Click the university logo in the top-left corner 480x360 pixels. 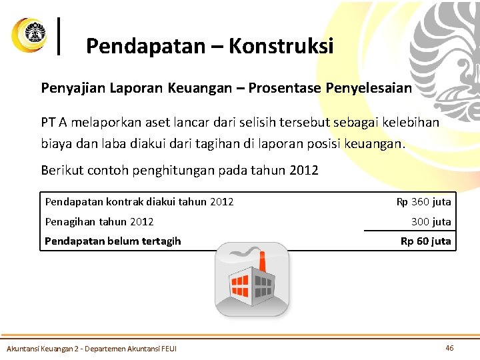29,35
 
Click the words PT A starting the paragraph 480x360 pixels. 54,123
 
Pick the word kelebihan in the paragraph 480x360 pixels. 411,123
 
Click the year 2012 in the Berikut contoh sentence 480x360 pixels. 305,170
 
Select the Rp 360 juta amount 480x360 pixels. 423,201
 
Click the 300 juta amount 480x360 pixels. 431,221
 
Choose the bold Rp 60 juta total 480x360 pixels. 425,241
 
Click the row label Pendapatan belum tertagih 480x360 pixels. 113,241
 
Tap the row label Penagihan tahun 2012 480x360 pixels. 99,221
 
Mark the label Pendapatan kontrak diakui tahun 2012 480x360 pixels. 139,201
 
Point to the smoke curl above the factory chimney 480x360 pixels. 244,251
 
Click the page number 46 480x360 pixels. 449,348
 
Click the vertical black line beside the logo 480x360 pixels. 61,36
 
